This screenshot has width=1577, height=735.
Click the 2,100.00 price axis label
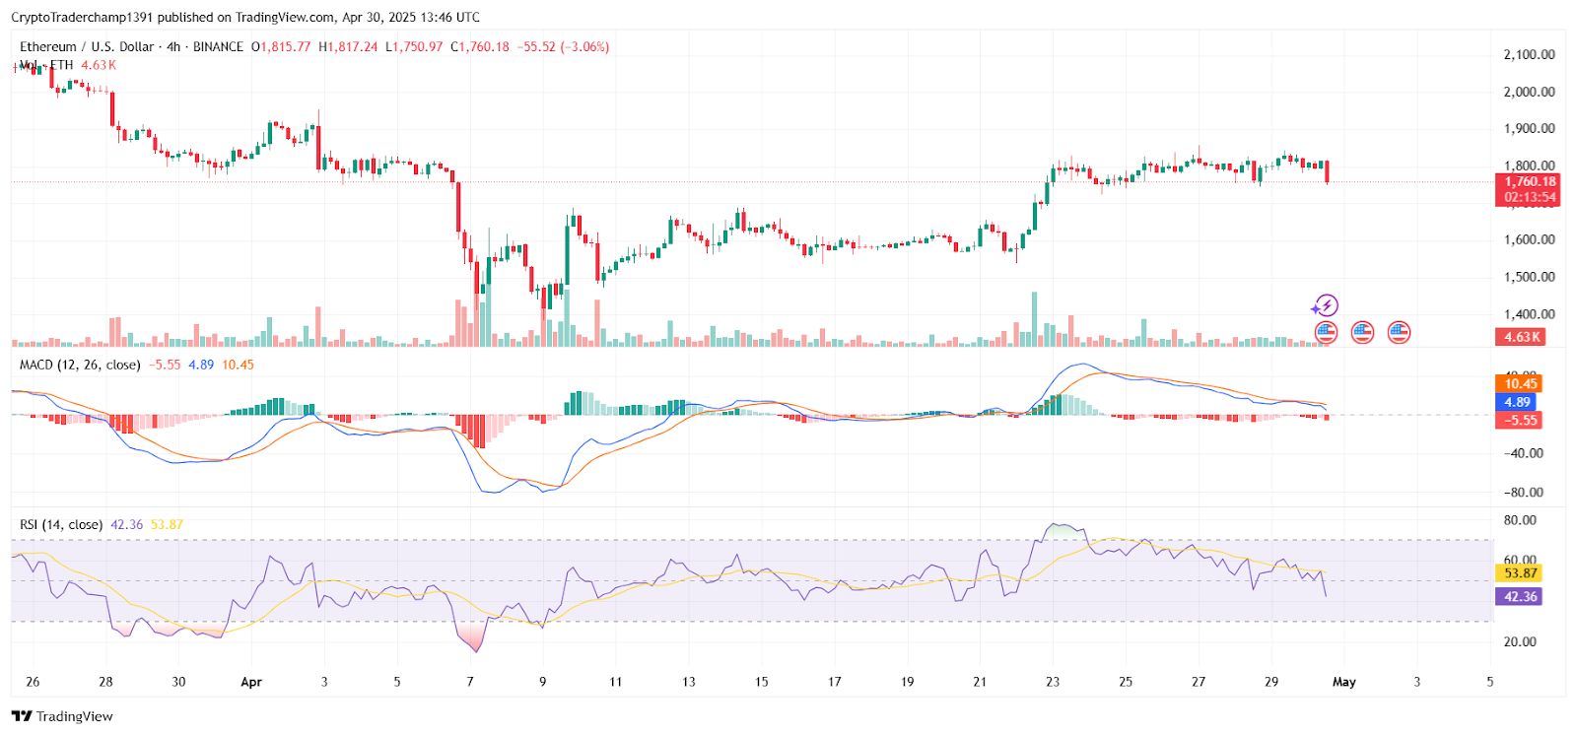coord(1529,54)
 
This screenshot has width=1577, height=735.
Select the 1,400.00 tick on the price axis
coord(1529,314)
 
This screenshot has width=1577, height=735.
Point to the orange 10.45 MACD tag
coord(1520,383)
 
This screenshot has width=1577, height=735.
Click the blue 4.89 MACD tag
coord(1517,402)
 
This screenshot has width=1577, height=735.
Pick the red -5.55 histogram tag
coord(1520,420)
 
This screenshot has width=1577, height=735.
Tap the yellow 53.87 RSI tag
coord(1520,572)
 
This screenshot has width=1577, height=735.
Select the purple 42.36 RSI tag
coord(1520,596)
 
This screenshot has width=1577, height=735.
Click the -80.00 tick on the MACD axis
coord(1524,492)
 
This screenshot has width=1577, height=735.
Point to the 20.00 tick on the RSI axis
coord(1520,641)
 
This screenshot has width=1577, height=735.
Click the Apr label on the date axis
coord(251,682)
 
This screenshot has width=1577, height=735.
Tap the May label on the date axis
coord(1344,682)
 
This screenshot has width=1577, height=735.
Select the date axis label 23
coord(1053,682)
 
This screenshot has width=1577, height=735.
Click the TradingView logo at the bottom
coord(63,716)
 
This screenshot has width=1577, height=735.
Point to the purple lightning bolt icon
coord(1326,305)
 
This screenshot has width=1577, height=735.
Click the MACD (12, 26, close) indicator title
coord(80,365)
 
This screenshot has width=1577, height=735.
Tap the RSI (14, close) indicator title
coord(61,524)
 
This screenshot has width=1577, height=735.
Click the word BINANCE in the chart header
coord(218,46)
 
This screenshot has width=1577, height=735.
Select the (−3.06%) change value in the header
coord(584,46)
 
